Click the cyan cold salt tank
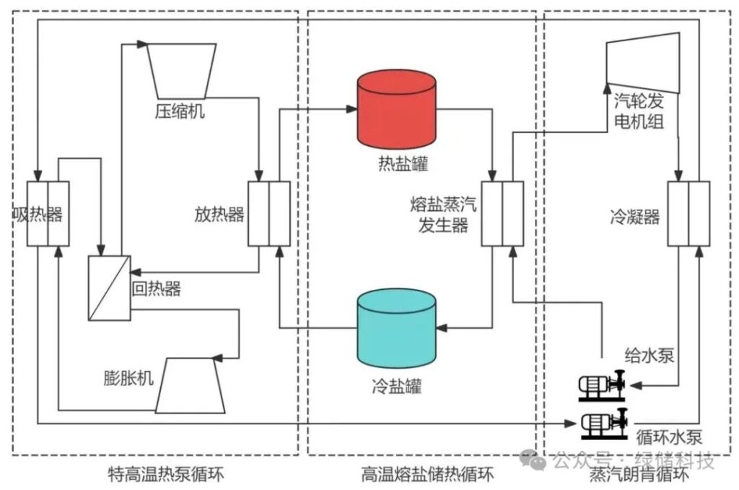pyautogui.click(x=397, y=327)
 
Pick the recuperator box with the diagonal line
pyautogui.click(x=108, y=288)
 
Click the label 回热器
pyautogui.click(x=156, y=290)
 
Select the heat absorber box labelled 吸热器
pyautogui.click(x=48, y=214)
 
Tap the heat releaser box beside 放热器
pyautogui.click(x=269, y=213)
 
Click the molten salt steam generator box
pyautogui.click(x=502, y=213)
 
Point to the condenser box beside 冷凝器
pyautogui.click(x=688, y=213)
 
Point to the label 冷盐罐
pyautogui.click(x=397, y=386)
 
